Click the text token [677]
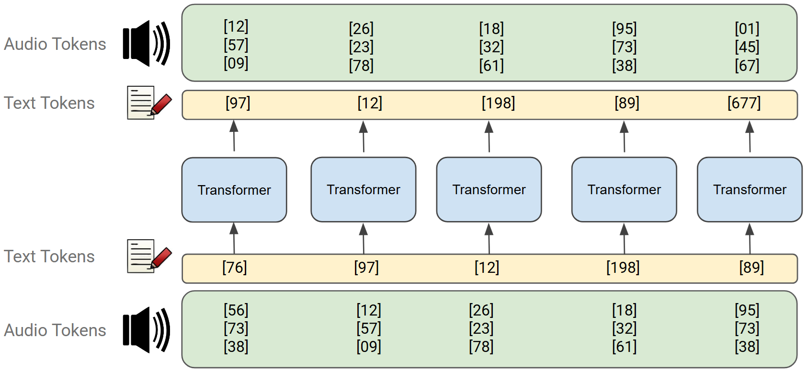click(x=744, y=103)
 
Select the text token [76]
click(x=235, y=267)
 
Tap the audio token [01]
click(x=747, y=29)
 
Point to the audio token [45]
click(x=747, y=47)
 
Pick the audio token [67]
click(x=747, y=65)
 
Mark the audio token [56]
click(x=236, y=310)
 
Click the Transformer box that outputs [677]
click(x=749, y=189)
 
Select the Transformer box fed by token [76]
click(x=234, y=190)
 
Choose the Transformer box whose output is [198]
click(x=489, y=189)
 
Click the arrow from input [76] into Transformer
click(x=234, y=238)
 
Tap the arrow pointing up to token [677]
click(x=750, y=137)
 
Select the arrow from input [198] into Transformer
click(x=624, y=238)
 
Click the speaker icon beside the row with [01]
click(x=146, y=44)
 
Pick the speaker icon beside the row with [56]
click(x=146, y=330)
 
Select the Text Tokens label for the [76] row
click(x=49, y=257)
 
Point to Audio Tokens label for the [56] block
click(x=55, y=330)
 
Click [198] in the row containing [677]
click(x=498, y=103)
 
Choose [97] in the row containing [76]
click(x=366, y=267)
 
